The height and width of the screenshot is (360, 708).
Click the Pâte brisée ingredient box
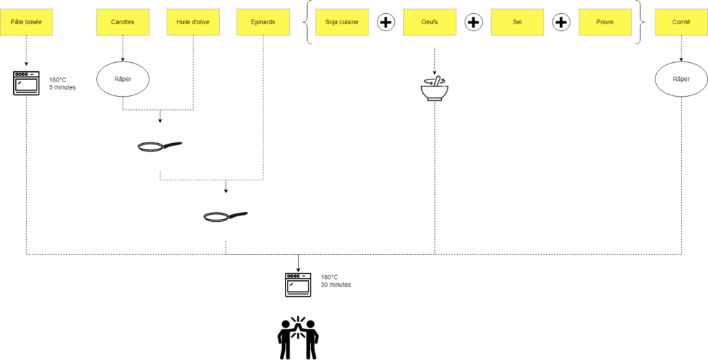pos(26,22)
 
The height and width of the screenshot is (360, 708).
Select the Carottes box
pos(122,22)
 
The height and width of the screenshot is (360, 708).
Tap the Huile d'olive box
pos(193,22)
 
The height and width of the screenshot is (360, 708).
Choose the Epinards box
pos(263,22)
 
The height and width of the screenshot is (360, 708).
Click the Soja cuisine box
pos(342,22)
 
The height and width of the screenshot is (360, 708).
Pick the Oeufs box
pos(429,22)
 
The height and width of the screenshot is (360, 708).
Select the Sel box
pos(517,22)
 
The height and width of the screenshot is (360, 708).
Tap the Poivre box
pos(605,22)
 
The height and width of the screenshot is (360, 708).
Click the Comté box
pos(681,22)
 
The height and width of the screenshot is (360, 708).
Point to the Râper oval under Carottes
pos(122,79)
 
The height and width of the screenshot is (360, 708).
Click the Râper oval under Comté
pos(681,79)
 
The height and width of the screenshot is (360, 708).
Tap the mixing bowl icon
pos(434,88)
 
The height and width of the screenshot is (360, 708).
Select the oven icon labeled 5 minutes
pos(26,83)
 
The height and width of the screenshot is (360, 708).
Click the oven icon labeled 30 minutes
pos(299,284)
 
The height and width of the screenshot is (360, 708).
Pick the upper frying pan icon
pos(160,146)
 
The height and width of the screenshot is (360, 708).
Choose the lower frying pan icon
pos(225,217)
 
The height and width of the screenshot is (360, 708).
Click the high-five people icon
pos(298,338)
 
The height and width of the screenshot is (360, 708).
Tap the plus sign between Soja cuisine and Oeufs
pos(386,22)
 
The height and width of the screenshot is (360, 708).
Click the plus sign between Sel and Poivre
pos(561,22)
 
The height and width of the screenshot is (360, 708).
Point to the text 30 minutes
pos(336,285)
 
